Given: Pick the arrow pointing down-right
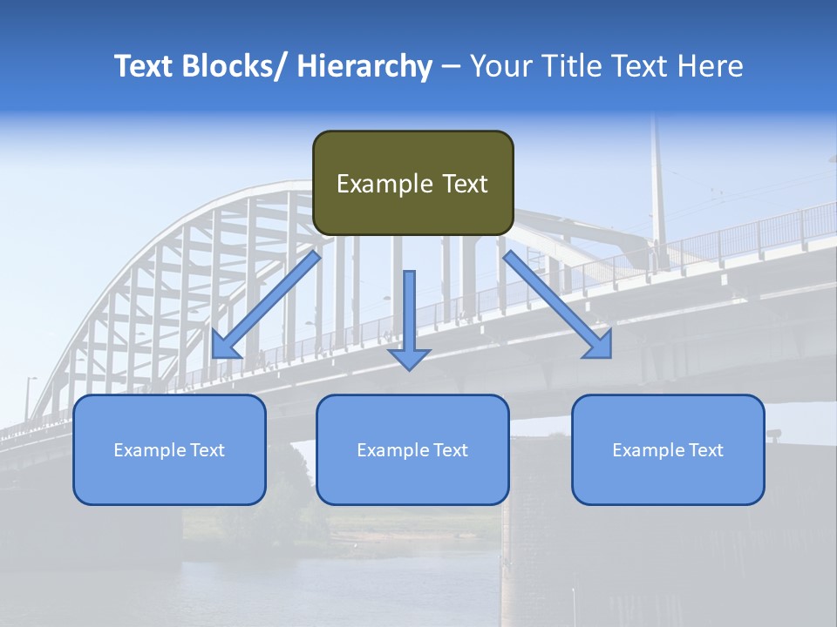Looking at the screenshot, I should coord(558,305).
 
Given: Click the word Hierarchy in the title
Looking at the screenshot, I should coord(364,66).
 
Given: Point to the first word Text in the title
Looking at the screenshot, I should coord(144,66).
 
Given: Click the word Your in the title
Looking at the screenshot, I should coord(500,66).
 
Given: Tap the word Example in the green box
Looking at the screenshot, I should coord(384,184).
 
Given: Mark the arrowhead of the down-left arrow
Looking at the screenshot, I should coord(226,345).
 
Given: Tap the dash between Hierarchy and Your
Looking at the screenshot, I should coord(451,66).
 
